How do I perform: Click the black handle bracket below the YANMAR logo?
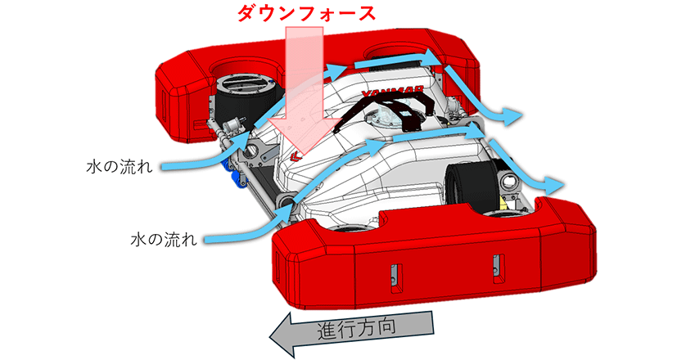397,109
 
